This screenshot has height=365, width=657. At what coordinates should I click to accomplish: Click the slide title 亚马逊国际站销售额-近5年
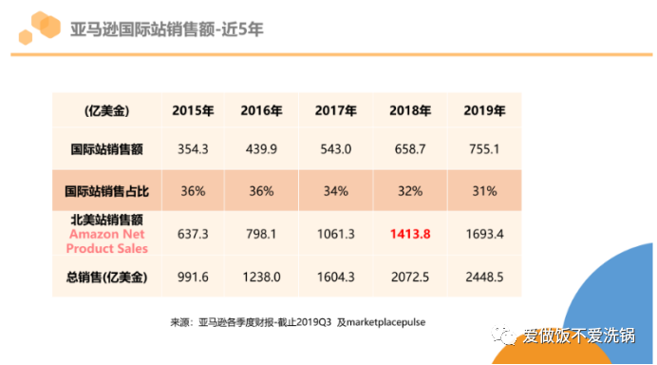click(167, 29)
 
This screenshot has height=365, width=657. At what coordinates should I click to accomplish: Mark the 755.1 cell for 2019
click(483, 149)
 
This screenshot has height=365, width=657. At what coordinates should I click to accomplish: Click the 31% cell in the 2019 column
click(483, 190)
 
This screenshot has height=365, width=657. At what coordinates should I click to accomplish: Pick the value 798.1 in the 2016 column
click(263, 233)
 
